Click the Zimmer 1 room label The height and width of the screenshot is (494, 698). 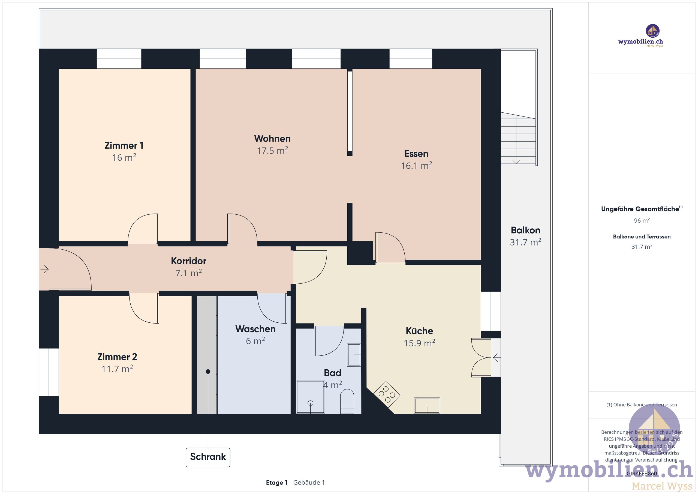tap(124, 145)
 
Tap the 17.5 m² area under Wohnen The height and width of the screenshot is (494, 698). tap(272, 151)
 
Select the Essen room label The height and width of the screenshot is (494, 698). tap(416, 154)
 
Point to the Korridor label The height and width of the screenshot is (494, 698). tap(188, 261)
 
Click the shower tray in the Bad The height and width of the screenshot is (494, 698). tap(310, 397)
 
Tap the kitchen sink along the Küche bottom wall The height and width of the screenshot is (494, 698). tap(427, 405)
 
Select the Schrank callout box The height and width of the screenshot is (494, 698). tap(208, 457)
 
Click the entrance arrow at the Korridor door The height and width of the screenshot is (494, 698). tap(45, 269)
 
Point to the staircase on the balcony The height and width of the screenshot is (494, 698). tap(518, 138)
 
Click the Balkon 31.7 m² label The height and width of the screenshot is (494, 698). tap(525, 236)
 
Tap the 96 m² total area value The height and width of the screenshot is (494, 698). tap(642, 220)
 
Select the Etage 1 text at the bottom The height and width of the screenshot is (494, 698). tap(276, 483)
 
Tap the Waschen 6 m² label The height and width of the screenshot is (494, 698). tap(255, 335)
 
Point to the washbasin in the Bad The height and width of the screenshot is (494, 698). tap(354, 355)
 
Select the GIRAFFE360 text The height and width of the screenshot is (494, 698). tap(642, 474)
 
